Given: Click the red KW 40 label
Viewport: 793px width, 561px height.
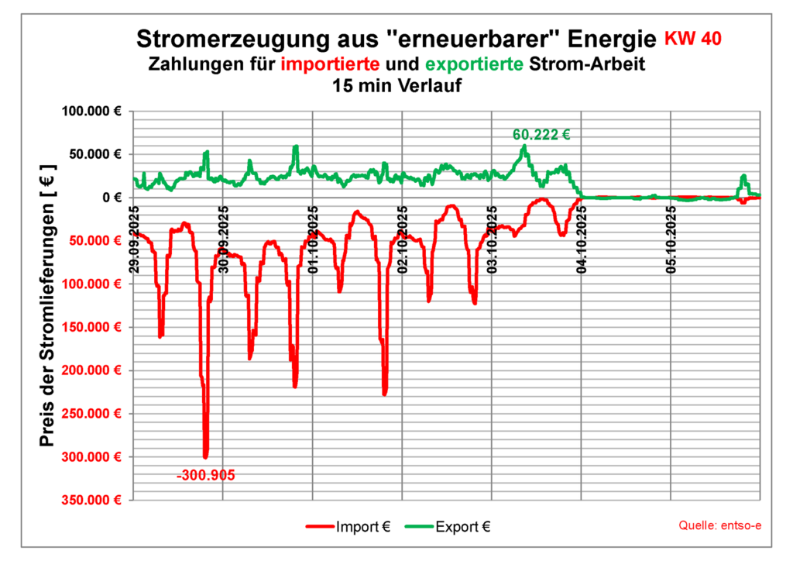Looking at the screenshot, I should [x=695, y=39].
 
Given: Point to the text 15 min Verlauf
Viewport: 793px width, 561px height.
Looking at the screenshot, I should [x=396, y=86].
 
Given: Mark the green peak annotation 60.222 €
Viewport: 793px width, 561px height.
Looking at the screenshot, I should [x=541, y=135].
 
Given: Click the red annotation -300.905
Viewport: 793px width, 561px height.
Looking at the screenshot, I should [x=206, y=475].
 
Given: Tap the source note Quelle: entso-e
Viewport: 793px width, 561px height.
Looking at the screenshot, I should [x=719, y=525].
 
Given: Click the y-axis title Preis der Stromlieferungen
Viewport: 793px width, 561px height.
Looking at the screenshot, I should [x=48, y=305].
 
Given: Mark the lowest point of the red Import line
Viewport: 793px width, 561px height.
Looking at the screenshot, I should [x=205, y=457].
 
